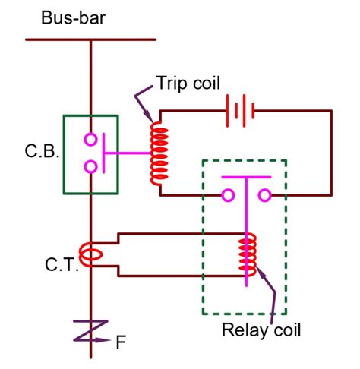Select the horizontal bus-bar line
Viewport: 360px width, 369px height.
[90, 38]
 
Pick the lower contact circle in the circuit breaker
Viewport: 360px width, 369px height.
[90, 166]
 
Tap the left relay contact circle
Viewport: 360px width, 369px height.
[227, 196]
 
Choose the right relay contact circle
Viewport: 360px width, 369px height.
[265, 196]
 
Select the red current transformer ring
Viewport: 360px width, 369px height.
[90, 254]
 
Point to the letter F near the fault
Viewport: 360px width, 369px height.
[120, 342]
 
